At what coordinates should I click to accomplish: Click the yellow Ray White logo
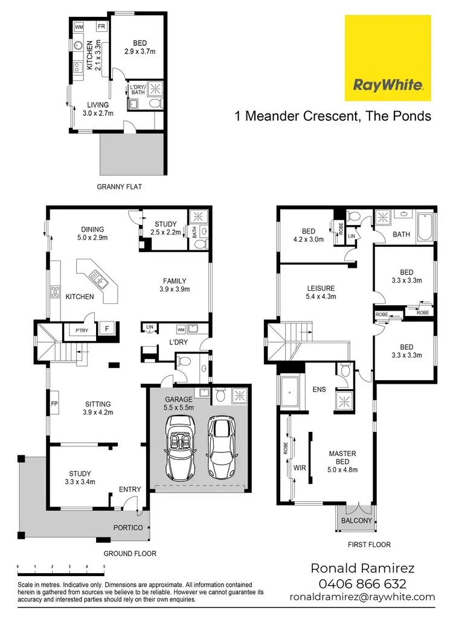point(387,58)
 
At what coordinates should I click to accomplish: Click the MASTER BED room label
point(342,457)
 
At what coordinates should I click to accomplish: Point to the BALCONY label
point(356,519)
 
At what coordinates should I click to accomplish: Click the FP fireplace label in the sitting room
point(54,404)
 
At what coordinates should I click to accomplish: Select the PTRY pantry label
point(80,330)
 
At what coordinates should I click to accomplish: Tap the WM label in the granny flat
point(79,27)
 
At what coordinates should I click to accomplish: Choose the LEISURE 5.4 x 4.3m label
point(320,292)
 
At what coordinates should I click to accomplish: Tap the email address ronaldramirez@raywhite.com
point(362,597)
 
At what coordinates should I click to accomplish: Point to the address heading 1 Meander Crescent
point(333,116)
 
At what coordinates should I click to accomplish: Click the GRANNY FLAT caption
point(119,187)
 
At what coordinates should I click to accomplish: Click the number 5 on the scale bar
point(104,566)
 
